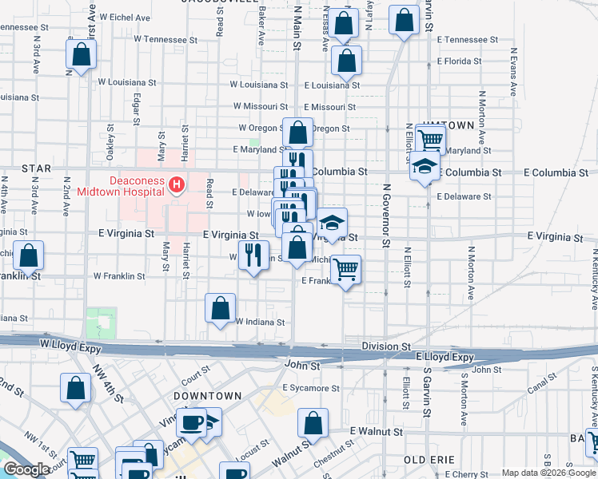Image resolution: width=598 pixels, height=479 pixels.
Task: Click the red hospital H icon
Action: click(177, 185)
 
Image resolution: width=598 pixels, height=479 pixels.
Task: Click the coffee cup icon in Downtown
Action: click(192, 422)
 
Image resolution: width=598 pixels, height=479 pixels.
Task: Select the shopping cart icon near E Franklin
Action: click(345, 270)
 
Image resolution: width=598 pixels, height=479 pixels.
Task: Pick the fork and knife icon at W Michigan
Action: click(253, 255)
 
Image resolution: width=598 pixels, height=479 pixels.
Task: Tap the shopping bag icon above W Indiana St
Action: click(221, 307)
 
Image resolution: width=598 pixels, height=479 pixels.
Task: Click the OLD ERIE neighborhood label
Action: click(430, 461)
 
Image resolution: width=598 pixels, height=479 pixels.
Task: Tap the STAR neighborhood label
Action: click(36, 168)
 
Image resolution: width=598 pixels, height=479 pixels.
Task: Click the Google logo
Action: click(26, 470)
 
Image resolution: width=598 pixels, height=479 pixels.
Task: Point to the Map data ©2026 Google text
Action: click(548, 473)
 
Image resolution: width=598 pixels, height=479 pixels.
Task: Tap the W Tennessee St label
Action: click(165, 38)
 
